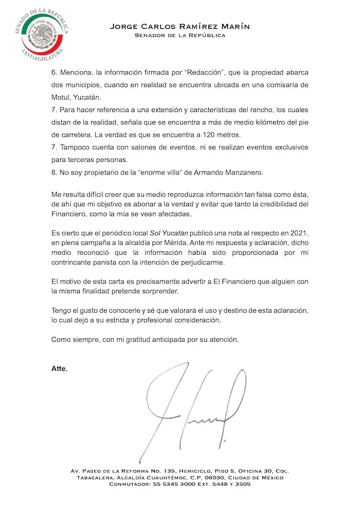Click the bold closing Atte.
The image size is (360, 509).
pyautogui.click(x=59, y=368)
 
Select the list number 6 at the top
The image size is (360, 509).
pyautogui.click(x=53, y=71)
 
